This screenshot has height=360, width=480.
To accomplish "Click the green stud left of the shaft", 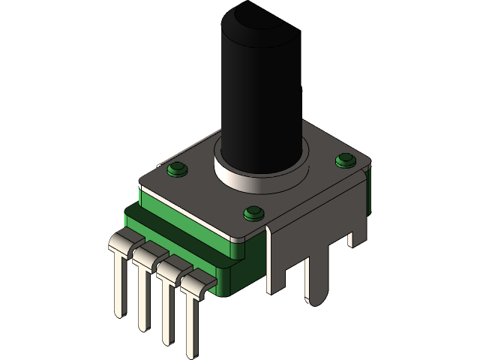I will [178, 169].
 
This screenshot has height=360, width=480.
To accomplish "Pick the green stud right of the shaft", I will [345, 160].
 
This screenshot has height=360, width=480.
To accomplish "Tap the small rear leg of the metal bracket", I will [351, 236].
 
